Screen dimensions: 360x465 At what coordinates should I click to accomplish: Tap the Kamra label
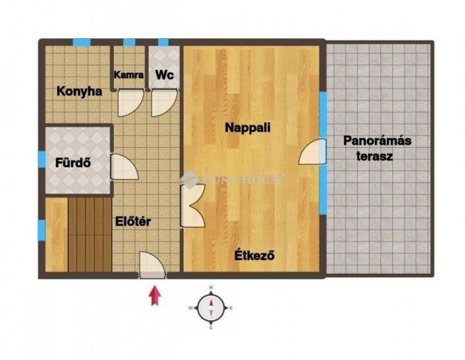click(x=128, y=75)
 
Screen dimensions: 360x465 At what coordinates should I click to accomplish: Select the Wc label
click(x=164, y=75)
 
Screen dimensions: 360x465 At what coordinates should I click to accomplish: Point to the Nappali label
click(x=247, y=128)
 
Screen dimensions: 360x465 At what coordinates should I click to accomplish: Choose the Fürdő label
click(x=73, y=161)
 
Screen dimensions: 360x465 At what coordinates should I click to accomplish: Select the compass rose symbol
click(x=211, y=308)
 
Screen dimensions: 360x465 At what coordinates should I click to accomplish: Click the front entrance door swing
click(x=153, y=265)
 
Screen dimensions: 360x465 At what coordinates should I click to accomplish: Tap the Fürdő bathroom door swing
click(x=123, y=166)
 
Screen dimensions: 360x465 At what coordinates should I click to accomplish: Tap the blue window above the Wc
click(x=163, y=42)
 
